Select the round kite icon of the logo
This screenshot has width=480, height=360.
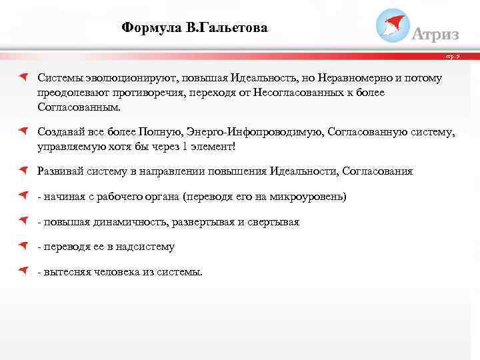coord(393,25)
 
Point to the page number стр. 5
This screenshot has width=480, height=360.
coord(463,58)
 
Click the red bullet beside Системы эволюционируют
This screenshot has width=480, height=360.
coord(23,77)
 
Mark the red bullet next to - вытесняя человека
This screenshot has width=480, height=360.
coord(23,271)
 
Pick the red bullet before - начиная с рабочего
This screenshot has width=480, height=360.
coord(23,196)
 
